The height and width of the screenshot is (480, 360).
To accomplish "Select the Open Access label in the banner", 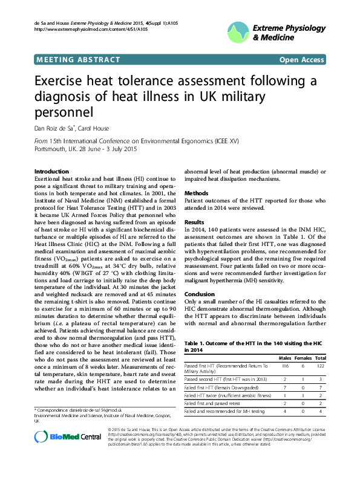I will pyautogui.click(x=301, y=59).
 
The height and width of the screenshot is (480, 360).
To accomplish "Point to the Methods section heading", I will pyautogui.click(x=196, y=193).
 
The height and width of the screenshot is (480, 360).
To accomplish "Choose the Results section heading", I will pyautogui.click(x=195, y=222).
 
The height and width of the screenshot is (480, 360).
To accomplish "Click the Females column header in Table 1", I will pyautogui.click(x=304, y=358).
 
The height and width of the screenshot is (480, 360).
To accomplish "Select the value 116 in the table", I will pyautogui.click(x=284, y=366).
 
